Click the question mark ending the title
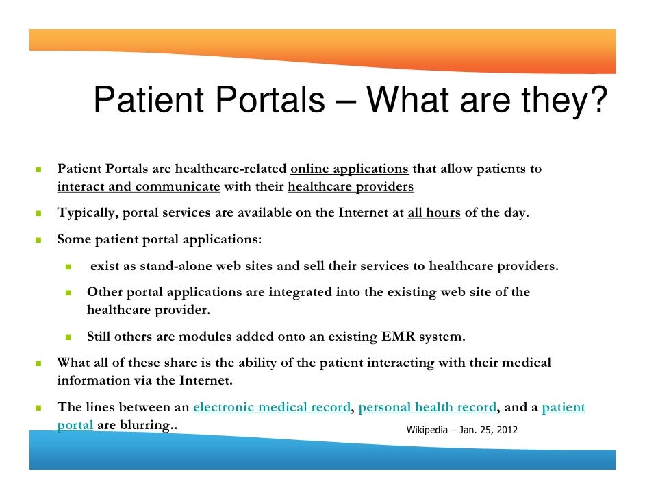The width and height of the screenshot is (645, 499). [599, 101]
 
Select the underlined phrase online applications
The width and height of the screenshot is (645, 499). [349, 169]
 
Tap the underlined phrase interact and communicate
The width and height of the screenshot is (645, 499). [138, 186]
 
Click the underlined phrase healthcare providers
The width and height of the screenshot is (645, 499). [351, 186]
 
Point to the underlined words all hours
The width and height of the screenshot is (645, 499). [434, 212]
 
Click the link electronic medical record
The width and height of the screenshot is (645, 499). [272, 407]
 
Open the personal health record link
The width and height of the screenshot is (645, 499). [427, 407]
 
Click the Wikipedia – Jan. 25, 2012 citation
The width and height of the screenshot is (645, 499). [462, 430]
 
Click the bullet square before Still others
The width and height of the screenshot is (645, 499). [69, 337]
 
